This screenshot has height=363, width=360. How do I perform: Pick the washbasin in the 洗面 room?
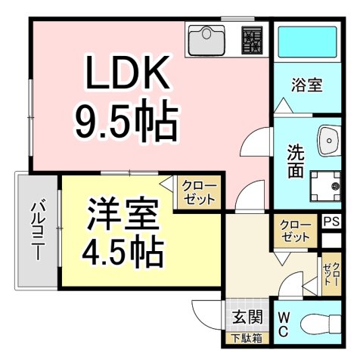pyautogui.click(x=329, y=140)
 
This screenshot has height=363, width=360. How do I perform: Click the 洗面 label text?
pyautogui.click(x=296, y=160)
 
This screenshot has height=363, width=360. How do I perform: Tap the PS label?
pyautogui.click(x=331, y=222)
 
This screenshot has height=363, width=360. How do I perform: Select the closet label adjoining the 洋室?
pyautogui.click(x=200, y=193)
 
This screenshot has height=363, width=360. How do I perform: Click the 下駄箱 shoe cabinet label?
pyautogui.click(x=246, y=338)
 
